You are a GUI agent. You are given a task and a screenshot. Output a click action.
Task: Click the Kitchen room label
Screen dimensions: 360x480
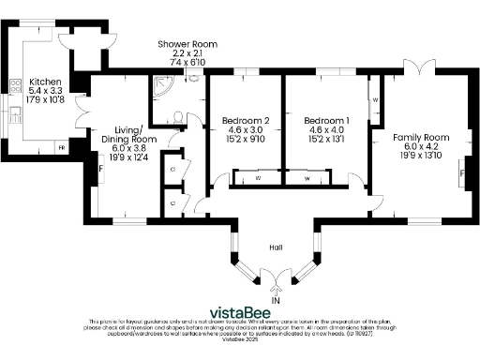[x=45, y=82]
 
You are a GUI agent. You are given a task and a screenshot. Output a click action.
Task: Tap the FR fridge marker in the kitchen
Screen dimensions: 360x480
[x=63, y=148]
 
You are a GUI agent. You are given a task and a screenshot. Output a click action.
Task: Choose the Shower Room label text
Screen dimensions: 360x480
[x=187, y=44]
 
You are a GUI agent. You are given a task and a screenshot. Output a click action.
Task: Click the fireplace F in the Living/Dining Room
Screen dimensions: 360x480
[x=100, y=168]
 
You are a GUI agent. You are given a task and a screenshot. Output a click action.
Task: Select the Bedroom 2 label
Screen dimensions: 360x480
[x=246, y=121]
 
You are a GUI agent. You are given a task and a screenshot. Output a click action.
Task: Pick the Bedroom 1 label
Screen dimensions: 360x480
[x=327, y=121]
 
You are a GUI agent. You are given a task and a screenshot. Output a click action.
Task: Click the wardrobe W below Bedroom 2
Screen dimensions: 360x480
[x=259, y=177]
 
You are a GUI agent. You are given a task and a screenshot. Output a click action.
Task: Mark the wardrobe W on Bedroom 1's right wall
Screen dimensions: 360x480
[x=375, y=98]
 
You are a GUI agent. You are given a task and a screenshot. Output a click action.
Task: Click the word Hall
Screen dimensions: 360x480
[x=276, y=247]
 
